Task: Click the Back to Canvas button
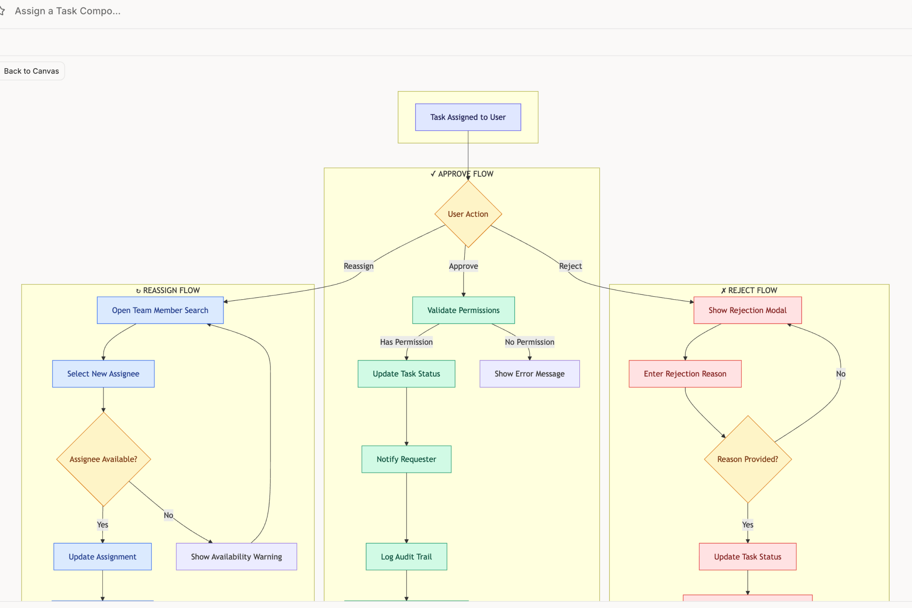point(31,71)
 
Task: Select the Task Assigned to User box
point(468,117)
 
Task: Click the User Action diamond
point(468,214)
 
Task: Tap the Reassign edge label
point(358,266)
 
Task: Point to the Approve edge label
point(463,266)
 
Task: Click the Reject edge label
point(570,266)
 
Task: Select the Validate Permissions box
point(463,311)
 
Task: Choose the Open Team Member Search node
point(160,311)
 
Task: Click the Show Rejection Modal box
point(747,311)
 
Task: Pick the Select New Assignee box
point(103,374)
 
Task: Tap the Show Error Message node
point(529,374)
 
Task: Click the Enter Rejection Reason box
point(685,374)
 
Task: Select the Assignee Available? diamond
point(103,459)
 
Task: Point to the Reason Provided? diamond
point(747,459)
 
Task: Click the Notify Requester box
point(406,459)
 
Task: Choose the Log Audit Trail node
point(406,557)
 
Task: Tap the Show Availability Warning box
point(236,557)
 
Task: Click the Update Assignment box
point(102,557)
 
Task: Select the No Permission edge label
point(529,342)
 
